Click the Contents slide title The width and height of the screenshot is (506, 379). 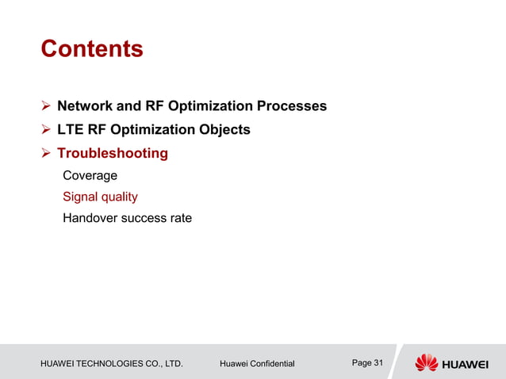(x=91, y=49)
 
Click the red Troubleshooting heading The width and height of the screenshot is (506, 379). (x=112, y=153)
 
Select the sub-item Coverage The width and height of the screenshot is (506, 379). (x=90, y=175)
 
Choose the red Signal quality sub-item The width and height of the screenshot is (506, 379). (x=100, y=197)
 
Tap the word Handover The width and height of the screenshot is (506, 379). (x=90, y=218)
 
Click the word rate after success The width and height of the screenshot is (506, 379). (x=179, y=218)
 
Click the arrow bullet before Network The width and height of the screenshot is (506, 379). (x=46, y=106)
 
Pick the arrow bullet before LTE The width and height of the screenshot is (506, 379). (x=46, y=129)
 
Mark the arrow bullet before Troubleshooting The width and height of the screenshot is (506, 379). (x=46, y=153)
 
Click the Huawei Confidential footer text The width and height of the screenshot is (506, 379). (x=256, y=364)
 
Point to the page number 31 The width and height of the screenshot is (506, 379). (x=378, y=363)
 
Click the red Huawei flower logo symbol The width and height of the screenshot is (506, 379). (x=427, y=363)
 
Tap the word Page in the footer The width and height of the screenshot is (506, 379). (x=361, y=363)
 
